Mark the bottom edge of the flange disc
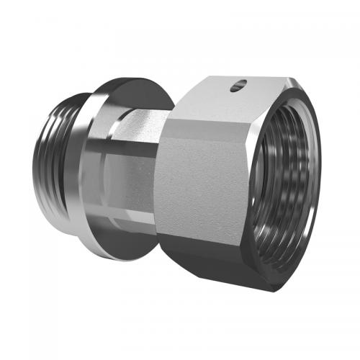130,256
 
